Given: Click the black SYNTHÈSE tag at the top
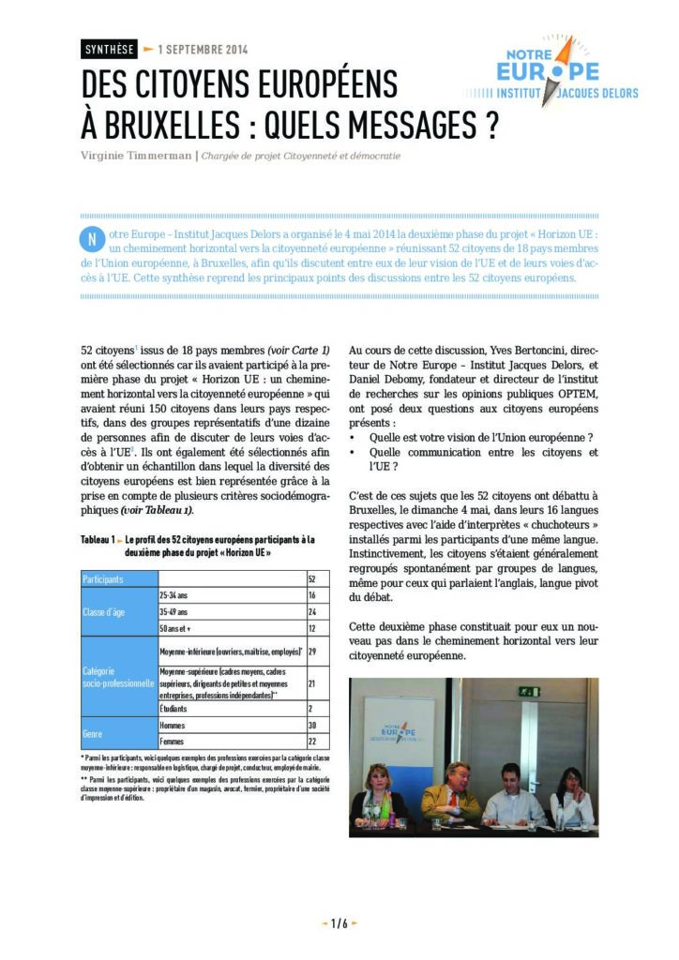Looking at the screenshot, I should click(x=110, y=49).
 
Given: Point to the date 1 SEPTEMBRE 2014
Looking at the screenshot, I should click(x=203, y=49).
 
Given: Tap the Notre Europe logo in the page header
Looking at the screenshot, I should click(x=552, y=75).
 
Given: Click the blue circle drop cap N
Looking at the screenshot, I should click(x=92, y=238).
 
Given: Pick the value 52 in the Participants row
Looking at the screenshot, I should click(x=311, y=579).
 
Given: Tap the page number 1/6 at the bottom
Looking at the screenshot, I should click(x=339, y=923).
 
